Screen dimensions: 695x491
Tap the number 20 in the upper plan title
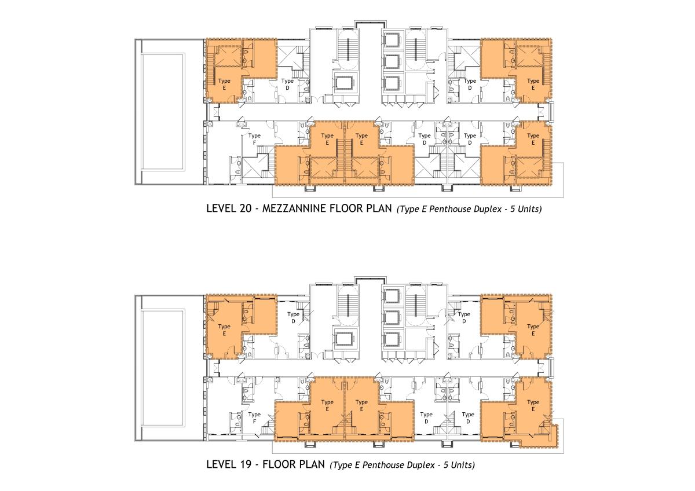(x=245, y=208)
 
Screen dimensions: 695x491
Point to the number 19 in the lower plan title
(x=245, y=464)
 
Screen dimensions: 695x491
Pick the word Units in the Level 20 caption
(x=530, y=209)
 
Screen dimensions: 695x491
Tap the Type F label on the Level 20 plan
(x=254, y=140)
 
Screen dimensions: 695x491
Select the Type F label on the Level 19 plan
(x=254, y=418)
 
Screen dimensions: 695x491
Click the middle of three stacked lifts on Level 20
(x=392, y=62)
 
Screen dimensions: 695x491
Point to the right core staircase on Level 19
(x=415, y=306)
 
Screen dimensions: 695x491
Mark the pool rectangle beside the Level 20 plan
(x=163, y=112)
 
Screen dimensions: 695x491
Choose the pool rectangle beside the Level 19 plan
(x=163, y=368)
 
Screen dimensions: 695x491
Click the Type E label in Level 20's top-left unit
(x=224, y=85)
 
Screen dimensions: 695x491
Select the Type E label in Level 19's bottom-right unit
(x=533, y=406)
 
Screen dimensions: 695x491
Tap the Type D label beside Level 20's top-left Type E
(x=287, y=85)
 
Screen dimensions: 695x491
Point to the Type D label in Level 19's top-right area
(x=464, y=318)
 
